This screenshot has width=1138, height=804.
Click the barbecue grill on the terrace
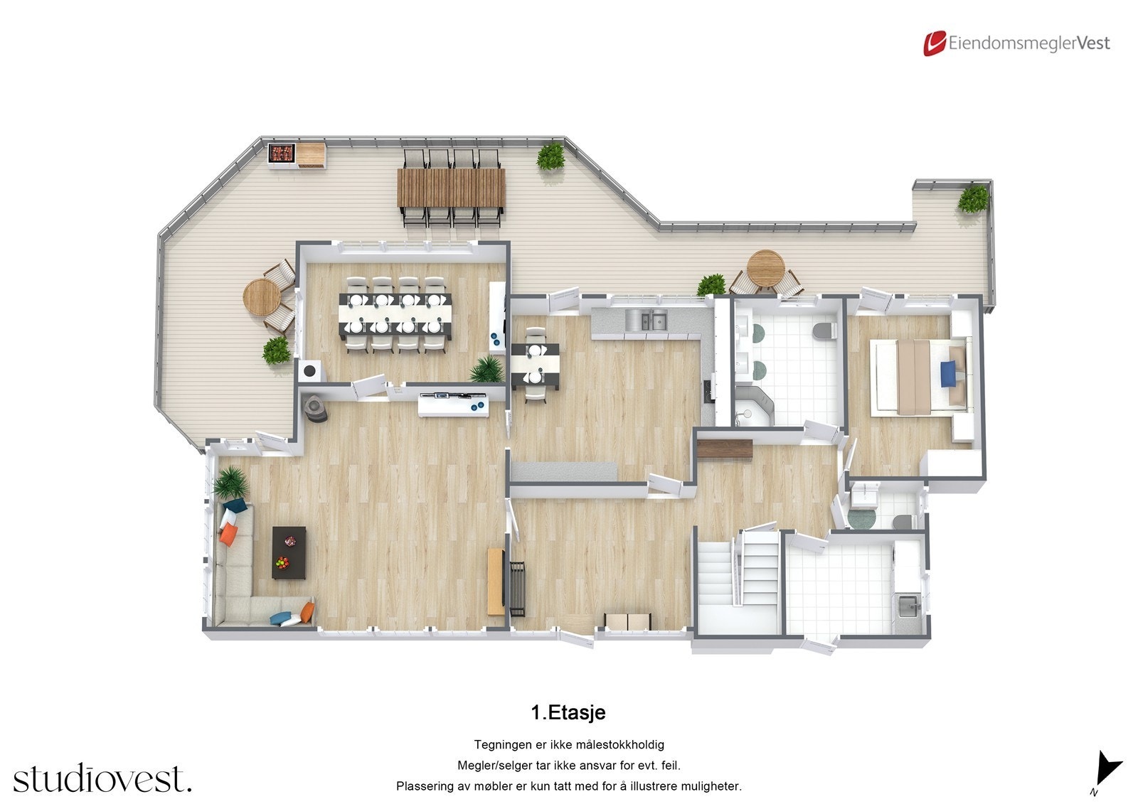pyautogui.click(x=282, y=153)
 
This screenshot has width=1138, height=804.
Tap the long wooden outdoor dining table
pyautogui.click(x=451, y=187)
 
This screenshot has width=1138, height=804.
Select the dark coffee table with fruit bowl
pyautogui.click(x=289, y=552)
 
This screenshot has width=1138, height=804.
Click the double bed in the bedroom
pyautogui.click(x=918, y=375)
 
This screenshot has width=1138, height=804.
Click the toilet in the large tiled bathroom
pyautogui.click(x=824, y=331)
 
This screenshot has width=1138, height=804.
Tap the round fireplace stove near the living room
pyautogui.click(x=314, y=408)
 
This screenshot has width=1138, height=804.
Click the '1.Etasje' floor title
pyautogui.click(x=568, y=712)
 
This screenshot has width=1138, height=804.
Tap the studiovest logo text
pyautogui.click(x=102, y=779)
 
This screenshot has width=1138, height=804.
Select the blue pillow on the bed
pyautogui.click(x=948, y=374)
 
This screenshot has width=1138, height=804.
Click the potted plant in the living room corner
pyautogui.click(x=230, y=483)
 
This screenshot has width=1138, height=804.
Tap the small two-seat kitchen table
pyautogui.click(x=535, y=365)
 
